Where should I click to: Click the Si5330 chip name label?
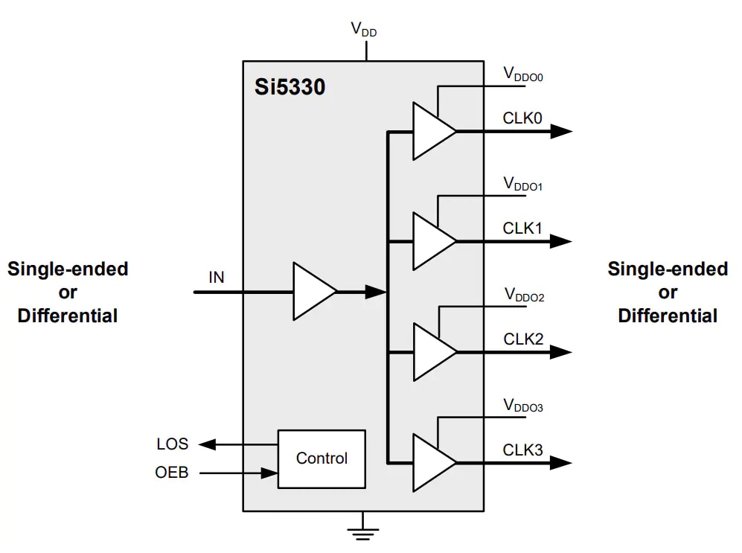pos(290,88)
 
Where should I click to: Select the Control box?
pos(322,458)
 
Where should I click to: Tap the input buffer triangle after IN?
pos(313,292)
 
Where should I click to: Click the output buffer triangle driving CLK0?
pos(432,131)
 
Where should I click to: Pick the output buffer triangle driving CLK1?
pos(432,241)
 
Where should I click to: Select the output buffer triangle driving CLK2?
pos(432,352)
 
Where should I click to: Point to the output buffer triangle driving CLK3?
pos(432,463)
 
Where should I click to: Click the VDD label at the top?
pos(364,30)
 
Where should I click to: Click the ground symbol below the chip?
pos(364,530)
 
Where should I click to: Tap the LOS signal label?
pos(172,444)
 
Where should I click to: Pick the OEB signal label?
pos(172,472)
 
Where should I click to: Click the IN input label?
pos(216,278)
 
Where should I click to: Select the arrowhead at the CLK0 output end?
pos(561,131)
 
